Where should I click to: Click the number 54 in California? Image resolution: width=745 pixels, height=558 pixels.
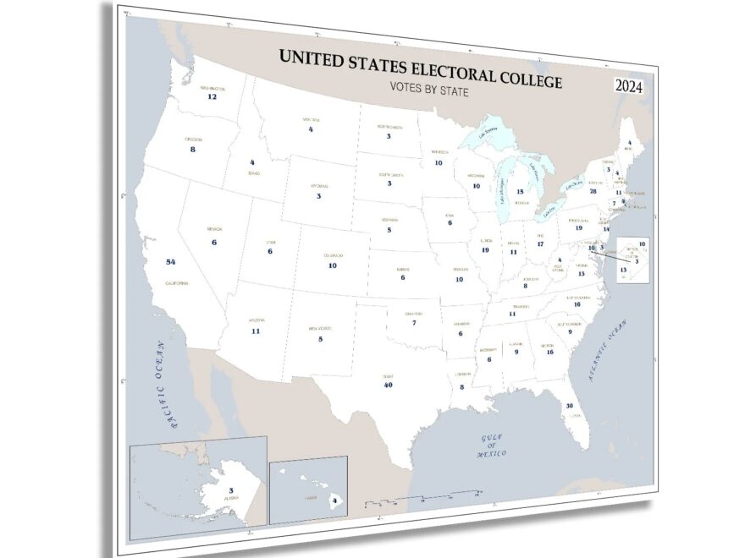coord(171,262)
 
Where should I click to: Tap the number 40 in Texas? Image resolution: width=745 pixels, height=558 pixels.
coord(389,385)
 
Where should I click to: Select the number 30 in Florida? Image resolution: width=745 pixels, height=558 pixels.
coord(570,407)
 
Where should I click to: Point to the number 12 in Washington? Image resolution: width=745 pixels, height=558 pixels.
coord(212,96)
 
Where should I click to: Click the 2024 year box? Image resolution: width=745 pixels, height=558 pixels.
coord(633,86)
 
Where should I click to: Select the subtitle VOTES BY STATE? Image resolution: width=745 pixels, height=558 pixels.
coord(429,90)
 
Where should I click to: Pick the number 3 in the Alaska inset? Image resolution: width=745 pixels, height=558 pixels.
coord(230,490)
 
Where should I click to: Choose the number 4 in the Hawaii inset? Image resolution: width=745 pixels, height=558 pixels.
coord(335,501)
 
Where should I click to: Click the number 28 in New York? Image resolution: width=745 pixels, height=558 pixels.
coord(593,191)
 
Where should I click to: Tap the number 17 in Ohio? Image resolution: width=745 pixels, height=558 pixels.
coord(539,243)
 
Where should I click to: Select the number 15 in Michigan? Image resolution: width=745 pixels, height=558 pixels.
coord(520,192)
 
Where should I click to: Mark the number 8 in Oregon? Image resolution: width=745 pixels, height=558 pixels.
coord(192,149)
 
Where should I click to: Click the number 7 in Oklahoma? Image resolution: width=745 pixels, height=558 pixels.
coord(414,322)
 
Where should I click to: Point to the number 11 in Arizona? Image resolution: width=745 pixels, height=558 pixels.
coord(255,331)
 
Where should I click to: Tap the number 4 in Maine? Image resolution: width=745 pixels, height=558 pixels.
coord(629,143)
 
